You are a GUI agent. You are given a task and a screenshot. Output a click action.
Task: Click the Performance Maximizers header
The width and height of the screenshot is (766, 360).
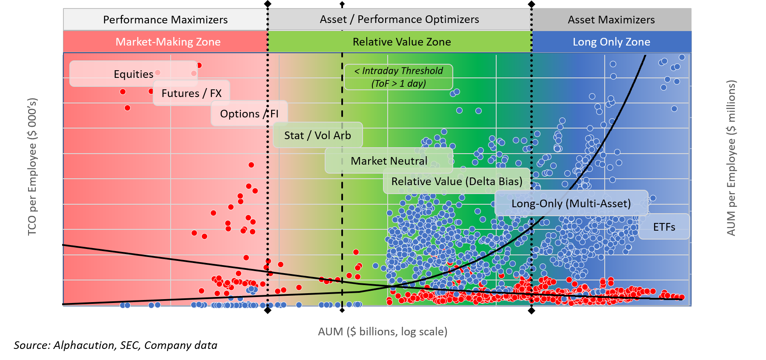[x=165, y=20]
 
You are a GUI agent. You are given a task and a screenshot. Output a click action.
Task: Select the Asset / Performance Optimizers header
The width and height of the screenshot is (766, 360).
[x=399, y=20]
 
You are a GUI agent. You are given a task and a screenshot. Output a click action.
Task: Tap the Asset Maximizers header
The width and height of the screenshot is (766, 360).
[x=611, y=20]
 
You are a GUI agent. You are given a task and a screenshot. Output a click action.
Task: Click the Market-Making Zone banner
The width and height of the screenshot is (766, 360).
[x=168, y=42]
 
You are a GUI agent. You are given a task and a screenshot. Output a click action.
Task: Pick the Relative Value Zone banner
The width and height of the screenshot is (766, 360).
[x=401, y=42]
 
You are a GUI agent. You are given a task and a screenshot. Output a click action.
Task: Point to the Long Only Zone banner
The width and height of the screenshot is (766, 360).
[x=611, y=42]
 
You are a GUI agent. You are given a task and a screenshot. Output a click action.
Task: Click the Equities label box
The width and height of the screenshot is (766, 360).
[x=133, y=74]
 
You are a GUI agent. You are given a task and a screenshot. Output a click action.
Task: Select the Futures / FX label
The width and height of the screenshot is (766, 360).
[x=191, y=93]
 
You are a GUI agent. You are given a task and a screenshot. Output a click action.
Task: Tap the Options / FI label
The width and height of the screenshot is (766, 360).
[x=249, y=114]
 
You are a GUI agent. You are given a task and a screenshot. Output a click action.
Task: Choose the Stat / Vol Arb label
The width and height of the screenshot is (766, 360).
[x=317, y=135]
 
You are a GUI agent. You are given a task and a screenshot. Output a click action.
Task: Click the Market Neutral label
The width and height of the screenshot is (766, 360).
[x=389, y=161]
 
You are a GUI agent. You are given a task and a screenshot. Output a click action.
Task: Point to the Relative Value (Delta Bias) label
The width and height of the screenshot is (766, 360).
[x=457, y=181]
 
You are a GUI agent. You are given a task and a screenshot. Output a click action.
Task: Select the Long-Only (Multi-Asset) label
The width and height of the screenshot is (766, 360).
[x=571, y=203]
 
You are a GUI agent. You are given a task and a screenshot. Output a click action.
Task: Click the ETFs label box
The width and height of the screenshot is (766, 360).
[x=664, y=227]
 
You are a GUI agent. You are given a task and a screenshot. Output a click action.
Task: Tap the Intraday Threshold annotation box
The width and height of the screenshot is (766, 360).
[x=398, y=77]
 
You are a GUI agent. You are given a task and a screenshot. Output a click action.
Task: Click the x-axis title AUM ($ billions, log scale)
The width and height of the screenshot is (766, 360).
[x=383, y=331]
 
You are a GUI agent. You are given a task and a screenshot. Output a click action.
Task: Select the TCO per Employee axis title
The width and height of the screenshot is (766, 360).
[x=32, y=166]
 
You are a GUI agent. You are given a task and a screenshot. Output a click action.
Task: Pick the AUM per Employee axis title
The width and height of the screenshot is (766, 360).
[x=731, y=158]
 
